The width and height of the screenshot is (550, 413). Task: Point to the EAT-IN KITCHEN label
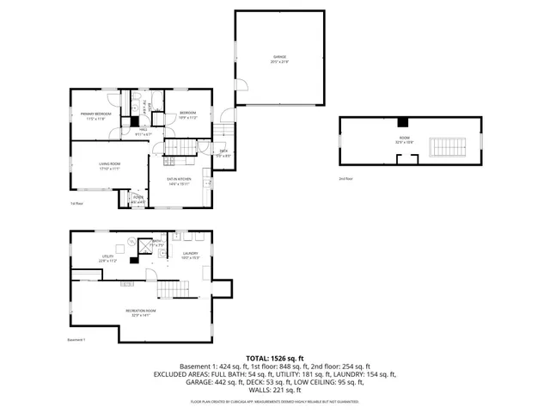point(180,179)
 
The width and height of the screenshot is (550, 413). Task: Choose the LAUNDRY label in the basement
point(190,254)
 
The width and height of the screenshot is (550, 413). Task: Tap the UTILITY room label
point(108,257)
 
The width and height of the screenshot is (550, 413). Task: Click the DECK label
point(223,152)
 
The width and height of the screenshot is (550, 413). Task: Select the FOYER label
point(137,200)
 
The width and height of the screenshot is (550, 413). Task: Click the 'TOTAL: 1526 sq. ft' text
point(275,357)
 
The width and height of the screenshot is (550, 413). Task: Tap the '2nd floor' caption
point(345,179)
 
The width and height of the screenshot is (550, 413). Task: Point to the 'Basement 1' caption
point(76,339)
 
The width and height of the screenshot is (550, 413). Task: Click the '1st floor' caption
point(76,203)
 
